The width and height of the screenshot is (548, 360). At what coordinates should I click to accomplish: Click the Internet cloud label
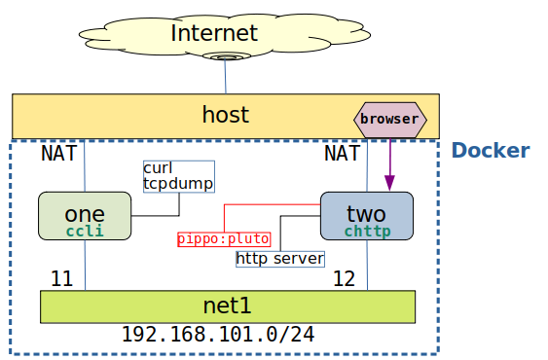(x=214, y=33)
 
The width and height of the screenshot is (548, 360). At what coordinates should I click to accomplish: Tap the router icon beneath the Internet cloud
(x=226, y=56)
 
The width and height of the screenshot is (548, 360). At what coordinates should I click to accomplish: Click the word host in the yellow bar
(x=225, y=115)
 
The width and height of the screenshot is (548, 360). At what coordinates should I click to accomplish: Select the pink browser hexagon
(x=389, y=119)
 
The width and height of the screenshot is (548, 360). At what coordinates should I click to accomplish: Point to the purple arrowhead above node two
(x=389, y=182)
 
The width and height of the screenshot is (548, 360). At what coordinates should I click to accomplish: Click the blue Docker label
(x=491, y=151)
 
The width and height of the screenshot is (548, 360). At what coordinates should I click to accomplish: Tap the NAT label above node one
(x=58, y=154)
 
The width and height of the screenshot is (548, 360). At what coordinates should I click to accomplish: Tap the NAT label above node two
(x=342, y=154)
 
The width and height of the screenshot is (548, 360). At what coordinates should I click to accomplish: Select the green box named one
(x=85, y=215)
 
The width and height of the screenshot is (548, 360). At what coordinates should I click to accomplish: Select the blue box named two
(x=366, y=215)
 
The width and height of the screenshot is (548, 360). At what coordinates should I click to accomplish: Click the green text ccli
(x=85, y=232)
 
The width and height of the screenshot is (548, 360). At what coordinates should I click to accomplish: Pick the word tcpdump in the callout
(x=178, y=183)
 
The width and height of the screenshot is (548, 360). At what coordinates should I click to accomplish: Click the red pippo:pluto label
(x=224, y=238)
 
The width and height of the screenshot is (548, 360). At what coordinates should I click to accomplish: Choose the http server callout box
(x=279, y=259)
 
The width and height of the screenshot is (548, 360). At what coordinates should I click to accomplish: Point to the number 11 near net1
(x=61, y=279)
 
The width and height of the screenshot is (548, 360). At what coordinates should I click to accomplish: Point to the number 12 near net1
(x=344, y=279)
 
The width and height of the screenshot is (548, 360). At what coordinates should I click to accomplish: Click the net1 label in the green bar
(x=227, y=306)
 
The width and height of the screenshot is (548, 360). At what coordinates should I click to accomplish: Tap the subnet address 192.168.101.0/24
(x=217, y=335)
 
